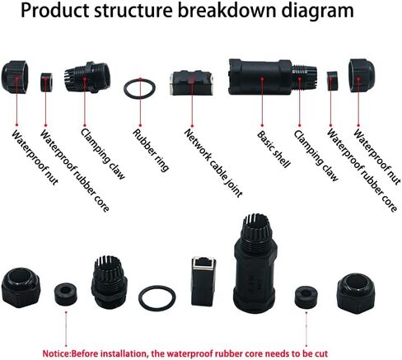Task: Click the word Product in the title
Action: click(55, 11)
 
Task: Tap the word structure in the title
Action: click(133, 11)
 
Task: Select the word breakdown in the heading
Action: click(227, 11)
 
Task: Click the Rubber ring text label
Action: click(151, 150)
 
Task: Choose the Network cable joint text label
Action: click(213, 163)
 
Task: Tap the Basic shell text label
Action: click(273, 148)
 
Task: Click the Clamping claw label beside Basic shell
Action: click(316, 156)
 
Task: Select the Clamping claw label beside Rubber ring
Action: click(103, 153)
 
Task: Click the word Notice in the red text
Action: click(56, 353)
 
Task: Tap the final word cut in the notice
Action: click(322, 353)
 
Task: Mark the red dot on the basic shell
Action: click(262, 78)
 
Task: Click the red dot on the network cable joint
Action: click(192, 80)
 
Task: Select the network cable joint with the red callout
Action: click(191, 83)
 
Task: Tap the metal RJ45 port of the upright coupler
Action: click(203, 263)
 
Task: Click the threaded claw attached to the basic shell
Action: click(304, 77)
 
